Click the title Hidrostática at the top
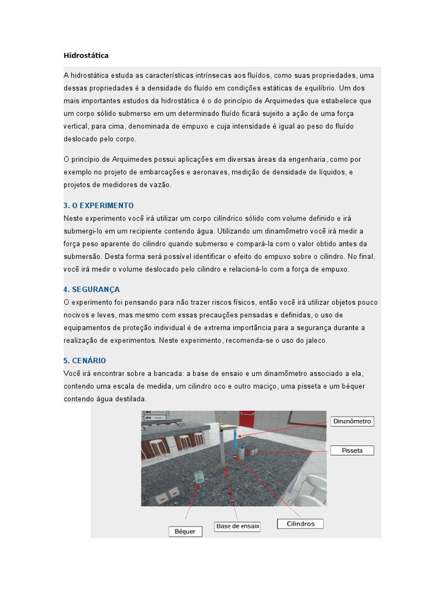(x=86, y=56)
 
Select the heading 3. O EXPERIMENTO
(x=99, y=206)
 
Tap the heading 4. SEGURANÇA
(x=92, y=289)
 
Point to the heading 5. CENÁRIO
(x=85, y=361)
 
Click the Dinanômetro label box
(x=352, y=422)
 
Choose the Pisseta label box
(x=352, y=450)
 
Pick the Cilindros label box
(x=301, y=524)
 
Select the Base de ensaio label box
(x=238, y=527)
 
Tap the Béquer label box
(x=185, y=531)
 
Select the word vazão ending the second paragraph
(x=160, y=185)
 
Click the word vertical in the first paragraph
(x=75, y=126)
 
